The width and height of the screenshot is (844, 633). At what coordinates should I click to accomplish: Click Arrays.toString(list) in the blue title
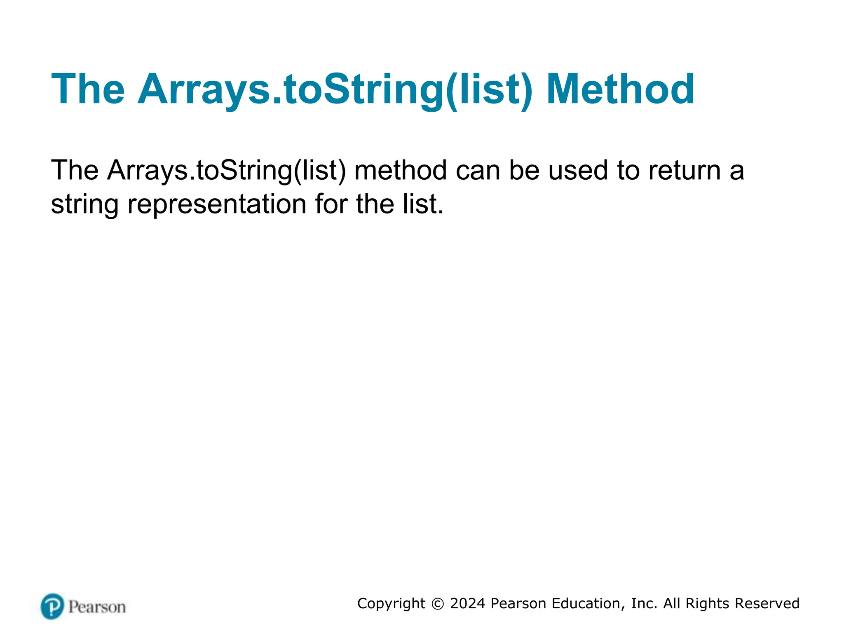pyautogui.click(x=335, y=89)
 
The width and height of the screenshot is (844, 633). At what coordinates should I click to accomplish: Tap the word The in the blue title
pyautogui.click(x=88, y=89)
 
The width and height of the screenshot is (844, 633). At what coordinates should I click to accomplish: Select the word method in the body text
pyautogui.click(x=400, y=170)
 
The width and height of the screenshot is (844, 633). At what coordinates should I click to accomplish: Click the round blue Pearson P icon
pyautogui.click(x=52, y=606)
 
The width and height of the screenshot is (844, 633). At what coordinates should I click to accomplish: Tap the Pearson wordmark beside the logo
pyautogui.click(x=97, y=607)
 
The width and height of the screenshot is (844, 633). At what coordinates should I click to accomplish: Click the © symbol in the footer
pyautogui.click(x=437, y=604)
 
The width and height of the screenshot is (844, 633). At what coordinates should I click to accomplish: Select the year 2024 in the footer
pyautogui.click(x=467, y=603)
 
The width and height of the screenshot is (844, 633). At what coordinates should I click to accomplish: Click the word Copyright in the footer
pyautogui.click(x=391, y=604)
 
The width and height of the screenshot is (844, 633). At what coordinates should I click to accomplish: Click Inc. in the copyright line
pyautogui.click(x=644, y=603)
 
